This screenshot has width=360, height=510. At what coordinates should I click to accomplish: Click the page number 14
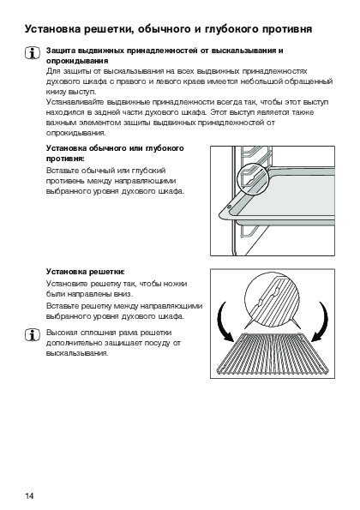(29, 495)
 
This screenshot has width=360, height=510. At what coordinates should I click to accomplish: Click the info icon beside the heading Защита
(33, 53)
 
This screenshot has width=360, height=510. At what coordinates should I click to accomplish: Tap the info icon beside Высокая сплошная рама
(33, 334)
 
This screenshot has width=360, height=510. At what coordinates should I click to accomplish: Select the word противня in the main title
(287, 30)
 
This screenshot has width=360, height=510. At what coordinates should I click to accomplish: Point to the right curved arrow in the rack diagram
(321, 321)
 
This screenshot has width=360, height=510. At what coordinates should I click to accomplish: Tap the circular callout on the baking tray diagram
(252, 178)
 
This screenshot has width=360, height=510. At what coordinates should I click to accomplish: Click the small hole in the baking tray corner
(229, 207)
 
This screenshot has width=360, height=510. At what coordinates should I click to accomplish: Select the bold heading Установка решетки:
(86, 272)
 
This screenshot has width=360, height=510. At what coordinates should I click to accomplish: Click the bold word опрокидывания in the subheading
(77, 61)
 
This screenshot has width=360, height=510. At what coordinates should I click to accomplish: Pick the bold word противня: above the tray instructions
(65, 159)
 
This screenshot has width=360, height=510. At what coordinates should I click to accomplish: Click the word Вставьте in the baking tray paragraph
(62, 171)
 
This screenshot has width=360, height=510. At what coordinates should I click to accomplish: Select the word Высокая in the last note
(62, 333)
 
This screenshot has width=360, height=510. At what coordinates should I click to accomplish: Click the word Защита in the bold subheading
(61, 51)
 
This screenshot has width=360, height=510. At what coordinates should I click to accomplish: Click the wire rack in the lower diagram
(273, 354)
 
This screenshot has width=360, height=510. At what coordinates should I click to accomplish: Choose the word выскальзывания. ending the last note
(77, 353)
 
